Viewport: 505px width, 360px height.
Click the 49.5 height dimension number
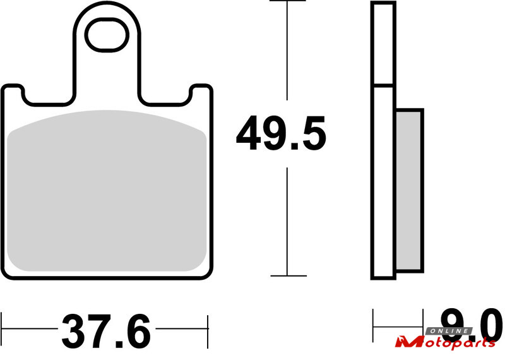281,133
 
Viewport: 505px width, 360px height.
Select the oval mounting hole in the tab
107,35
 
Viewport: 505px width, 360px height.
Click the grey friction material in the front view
107,191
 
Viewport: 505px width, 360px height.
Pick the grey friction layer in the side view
408,191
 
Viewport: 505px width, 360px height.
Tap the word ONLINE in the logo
449,331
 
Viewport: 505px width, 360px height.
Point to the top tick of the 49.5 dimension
287,1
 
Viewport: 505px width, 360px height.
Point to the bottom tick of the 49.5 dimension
288,276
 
